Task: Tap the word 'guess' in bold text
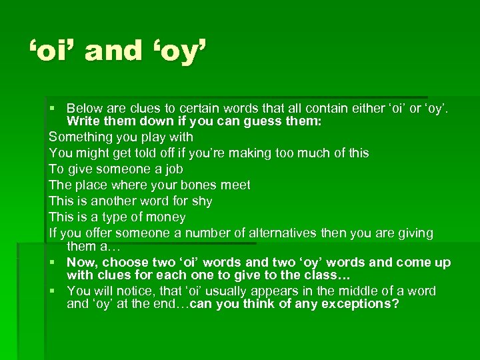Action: point(228,122)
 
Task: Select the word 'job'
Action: point(173,169)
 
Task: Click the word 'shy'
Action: point(202,201)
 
